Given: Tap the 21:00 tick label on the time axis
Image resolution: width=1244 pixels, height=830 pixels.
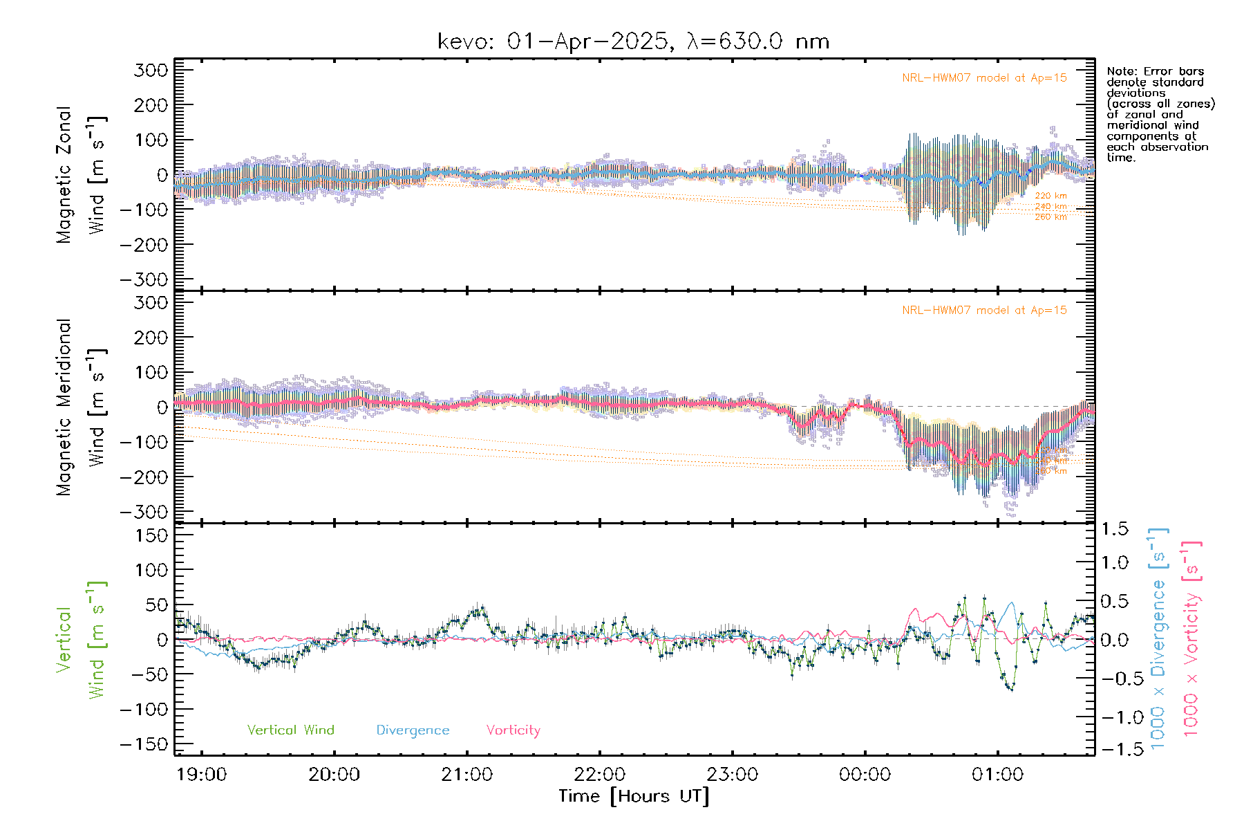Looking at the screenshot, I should pyautogui.click(x=466, y=775).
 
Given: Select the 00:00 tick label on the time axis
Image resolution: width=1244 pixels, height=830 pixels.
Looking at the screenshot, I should pyautogui.click(x=865, y=775).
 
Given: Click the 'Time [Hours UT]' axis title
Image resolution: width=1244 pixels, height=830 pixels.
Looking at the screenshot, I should pyautogui.click(x=634, y=796).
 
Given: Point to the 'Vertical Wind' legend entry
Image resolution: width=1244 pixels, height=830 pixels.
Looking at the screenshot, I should pyautogui.click(x=290, y=730).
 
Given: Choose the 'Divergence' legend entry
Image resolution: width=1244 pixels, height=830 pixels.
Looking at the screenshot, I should pyautogui.click(x=413, y=730).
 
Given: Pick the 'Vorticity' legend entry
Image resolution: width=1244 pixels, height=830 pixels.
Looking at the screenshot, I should pyautogui.click(x=513, y=730).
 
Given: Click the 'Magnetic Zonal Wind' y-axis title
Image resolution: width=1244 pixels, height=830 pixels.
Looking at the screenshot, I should pyautogui.click(x=81, y=175).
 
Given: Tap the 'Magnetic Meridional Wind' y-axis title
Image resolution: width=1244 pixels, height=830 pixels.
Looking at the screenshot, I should pyautogui.click(x=81, y=407).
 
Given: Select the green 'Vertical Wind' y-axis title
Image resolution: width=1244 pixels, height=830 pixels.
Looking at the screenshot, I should pyautogui.click(x=81, y=640).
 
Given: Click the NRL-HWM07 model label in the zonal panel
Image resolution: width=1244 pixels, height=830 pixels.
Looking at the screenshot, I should pyautogui.click(x=984, y=78).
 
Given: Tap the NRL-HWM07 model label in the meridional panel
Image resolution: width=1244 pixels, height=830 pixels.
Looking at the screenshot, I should pyautogui.click(x=984, y=311).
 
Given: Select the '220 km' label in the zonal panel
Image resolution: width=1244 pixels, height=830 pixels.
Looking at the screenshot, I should pyautogui.click(x=1050, y=196).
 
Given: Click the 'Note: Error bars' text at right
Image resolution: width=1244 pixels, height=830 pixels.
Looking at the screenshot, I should pyautogui.click(x=1156, y=72).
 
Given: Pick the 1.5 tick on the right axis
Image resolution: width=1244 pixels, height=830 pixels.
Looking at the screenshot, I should pyautogui.click(x=1115, y=529).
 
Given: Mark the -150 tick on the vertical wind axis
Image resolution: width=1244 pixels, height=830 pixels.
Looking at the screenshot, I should pyautogui.click(x=144, y=745).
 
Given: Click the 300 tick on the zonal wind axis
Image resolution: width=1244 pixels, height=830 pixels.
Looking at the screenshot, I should pyautogui.click(x=151, y=70).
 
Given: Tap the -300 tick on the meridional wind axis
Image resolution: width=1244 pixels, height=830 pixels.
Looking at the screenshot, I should pyautogui.click(x=144, y=513).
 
